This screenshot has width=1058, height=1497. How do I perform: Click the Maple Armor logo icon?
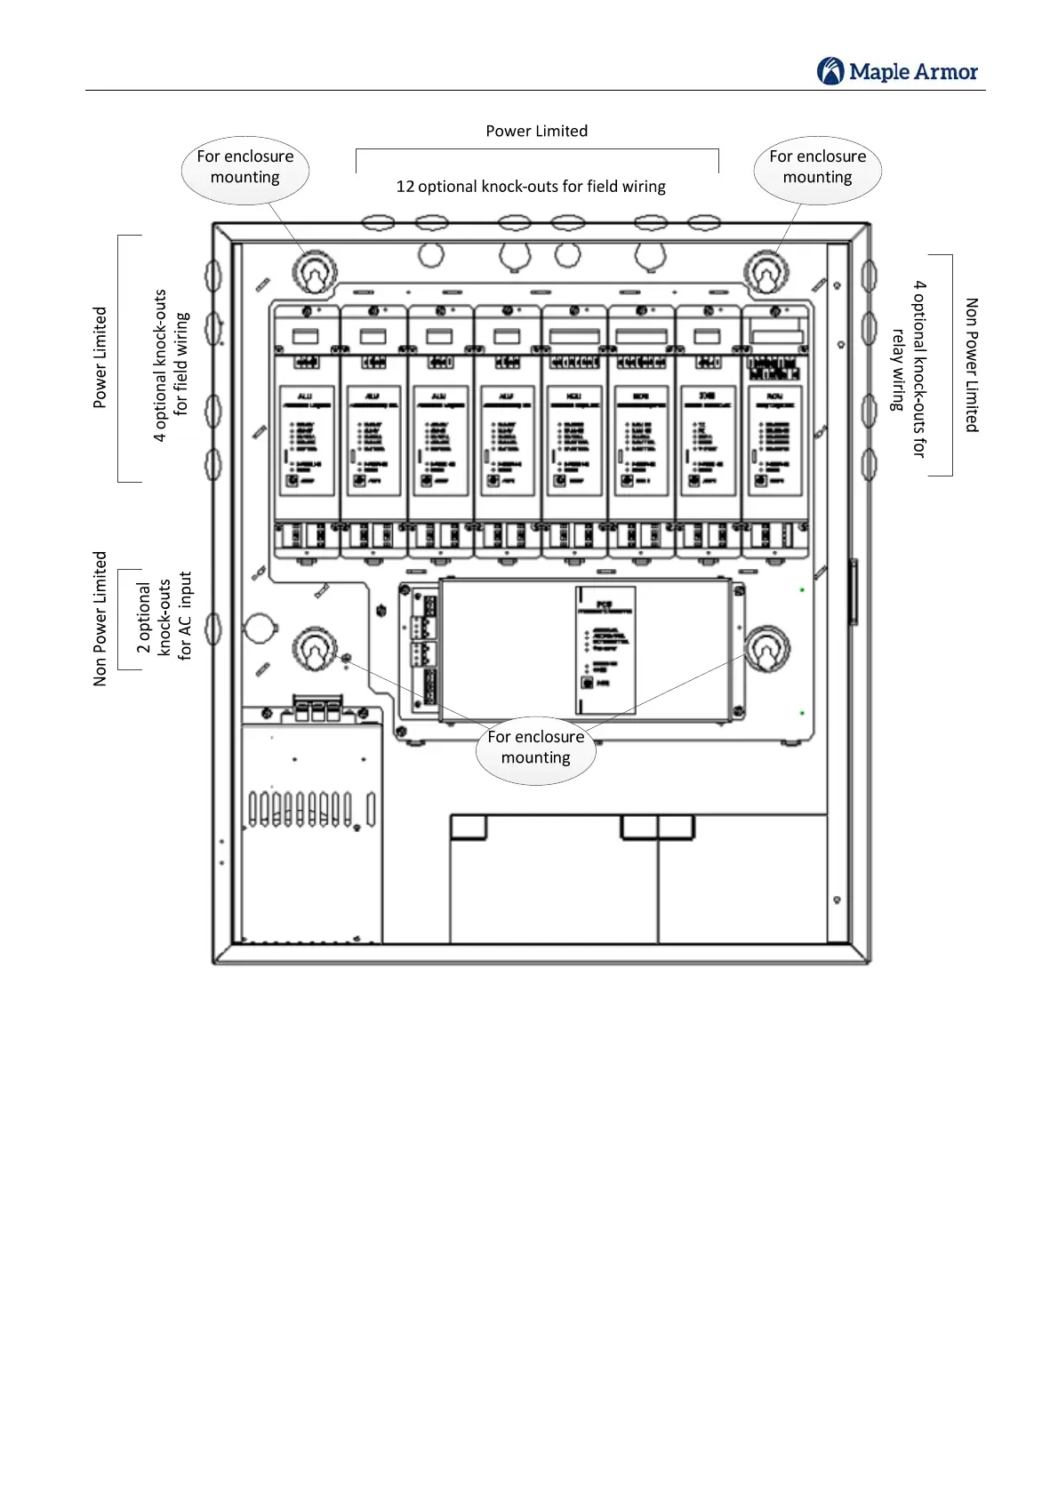point(830,71)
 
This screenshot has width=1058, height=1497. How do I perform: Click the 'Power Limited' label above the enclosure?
point(536,131)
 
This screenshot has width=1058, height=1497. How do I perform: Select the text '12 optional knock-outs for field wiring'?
point(531,187)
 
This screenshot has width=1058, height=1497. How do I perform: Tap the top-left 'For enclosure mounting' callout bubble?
point(245,168)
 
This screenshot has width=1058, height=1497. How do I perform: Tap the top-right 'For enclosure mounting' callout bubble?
point(817,168)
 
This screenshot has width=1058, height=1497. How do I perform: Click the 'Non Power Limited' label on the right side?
point(972,365)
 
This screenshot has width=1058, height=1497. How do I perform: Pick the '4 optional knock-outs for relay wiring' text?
point(908,369)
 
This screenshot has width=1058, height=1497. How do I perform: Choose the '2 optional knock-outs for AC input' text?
point(164,619)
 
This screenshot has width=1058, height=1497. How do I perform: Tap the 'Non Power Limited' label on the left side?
point(100,619)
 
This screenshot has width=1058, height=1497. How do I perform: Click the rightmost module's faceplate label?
point(774,440)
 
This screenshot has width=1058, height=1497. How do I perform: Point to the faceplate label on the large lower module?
point(605,649)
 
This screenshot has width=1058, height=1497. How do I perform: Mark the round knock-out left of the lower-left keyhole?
point(260,627)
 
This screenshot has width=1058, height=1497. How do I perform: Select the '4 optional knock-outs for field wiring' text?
point(171,364)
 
